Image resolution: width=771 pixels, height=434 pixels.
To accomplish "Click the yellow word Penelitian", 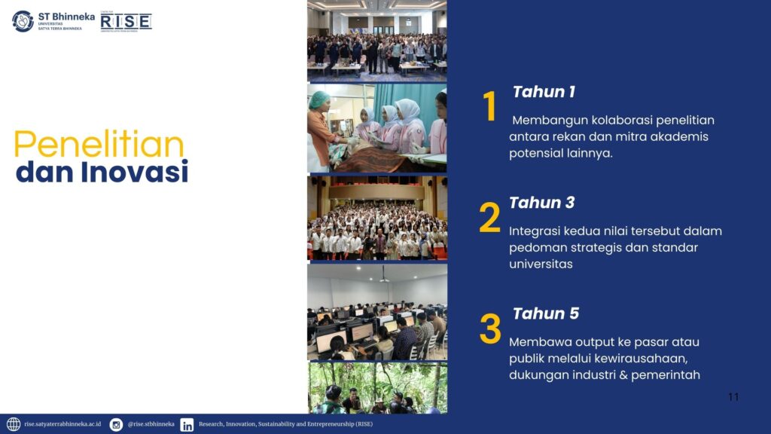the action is coord(99,144).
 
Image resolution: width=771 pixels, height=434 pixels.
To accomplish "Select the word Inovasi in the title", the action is coord(135,172).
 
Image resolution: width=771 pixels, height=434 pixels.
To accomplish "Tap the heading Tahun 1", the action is coord(544,92).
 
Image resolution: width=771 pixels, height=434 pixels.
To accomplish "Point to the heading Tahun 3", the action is coord(542,203).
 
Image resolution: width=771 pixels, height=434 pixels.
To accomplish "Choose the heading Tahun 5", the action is coord(546,313).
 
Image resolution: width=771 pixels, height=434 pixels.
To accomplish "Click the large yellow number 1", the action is coord(489,106).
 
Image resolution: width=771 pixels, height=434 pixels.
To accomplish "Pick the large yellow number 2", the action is coord(489,217).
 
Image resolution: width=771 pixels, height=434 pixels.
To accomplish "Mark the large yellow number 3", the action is coord(490,329).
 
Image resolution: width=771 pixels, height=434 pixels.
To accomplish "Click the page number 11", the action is coord(733,397).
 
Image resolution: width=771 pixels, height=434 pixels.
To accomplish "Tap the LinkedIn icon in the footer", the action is coord(187,425).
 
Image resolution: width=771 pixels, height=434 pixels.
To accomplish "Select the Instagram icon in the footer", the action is coord(116,425).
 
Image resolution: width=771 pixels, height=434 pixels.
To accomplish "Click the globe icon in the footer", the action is coord(14,424).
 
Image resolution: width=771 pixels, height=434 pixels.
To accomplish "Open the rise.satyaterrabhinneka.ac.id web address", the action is coord(62,424).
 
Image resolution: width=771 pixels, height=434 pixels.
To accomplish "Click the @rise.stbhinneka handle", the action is coord(151,424).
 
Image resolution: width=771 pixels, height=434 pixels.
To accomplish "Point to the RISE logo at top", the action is coord(126,22).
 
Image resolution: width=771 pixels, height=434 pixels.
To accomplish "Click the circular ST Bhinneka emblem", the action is coord(23,21).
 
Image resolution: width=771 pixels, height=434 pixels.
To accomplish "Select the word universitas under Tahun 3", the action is coord(541,264).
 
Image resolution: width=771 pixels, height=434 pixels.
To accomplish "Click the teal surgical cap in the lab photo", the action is coord(318,100).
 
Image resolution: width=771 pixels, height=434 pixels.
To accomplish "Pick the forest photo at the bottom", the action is coord(378,388).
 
